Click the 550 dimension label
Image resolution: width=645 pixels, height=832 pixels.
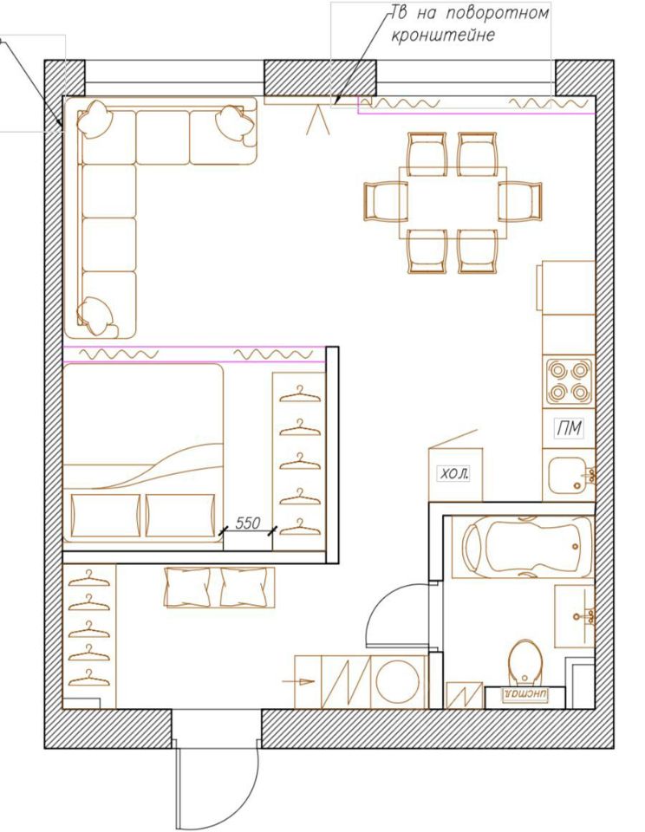[x=248, y=523]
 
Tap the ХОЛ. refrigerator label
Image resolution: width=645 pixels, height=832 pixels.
[x=454, y=473]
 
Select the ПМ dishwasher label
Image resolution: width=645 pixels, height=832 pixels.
[x=569, y=428]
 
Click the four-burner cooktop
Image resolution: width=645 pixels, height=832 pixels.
[x=569, y=382]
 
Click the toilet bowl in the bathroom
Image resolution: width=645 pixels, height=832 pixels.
[x=525, y=663]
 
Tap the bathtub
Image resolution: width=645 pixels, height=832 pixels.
[x=522, y=547]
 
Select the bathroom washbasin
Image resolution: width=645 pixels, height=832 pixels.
[x=575, y=616]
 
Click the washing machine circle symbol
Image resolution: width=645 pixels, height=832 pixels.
[x=398, y=681]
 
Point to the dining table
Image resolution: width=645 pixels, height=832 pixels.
[x=453, y=202]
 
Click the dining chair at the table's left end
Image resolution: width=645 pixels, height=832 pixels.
[x=386, y=202]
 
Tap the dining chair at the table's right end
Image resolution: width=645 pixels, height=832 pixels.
[x=520, y=202]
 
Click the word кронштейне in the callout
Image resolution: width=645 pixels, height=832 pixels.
[x=443, y=36]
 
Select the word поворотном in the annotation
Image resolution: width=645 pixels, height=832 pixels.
[x=497, y=13]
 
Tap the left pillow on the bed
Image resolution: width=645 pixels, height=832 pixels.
[x=105, y=515]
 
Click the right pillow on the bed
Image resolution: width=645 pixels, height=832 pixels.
[x=180, y=515]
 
